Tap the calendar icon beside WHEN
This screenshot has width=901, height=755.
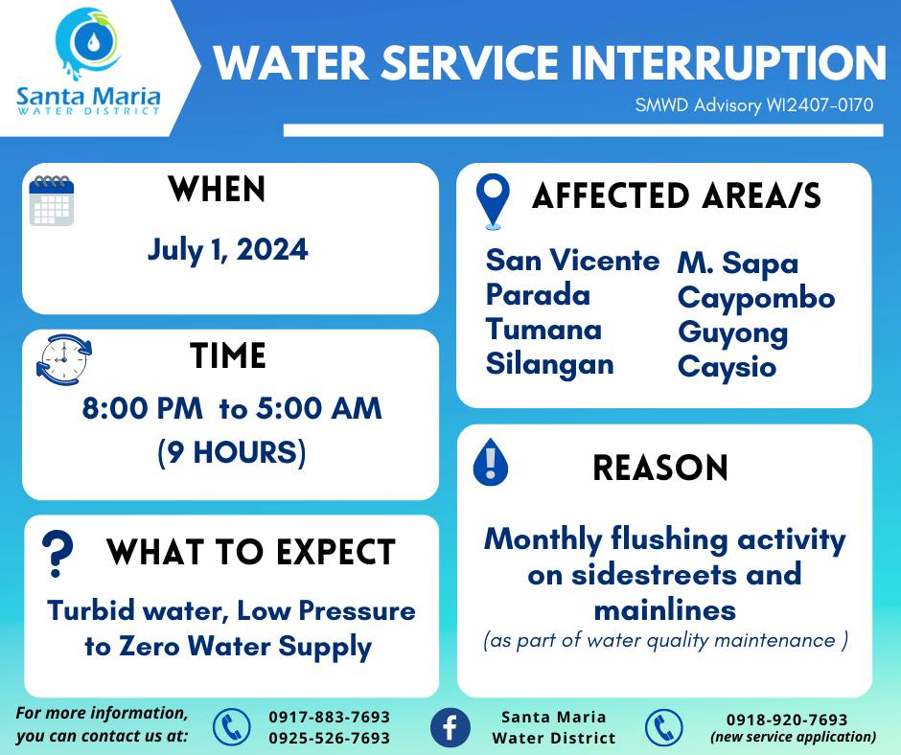tap(52, 200)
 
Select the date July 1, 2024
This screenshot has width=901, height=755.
tap(227, 250)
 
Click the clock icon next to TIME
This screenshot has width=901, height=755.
tap(64, 359)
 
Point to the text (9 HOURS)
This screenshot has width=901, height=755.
tap(232, 452)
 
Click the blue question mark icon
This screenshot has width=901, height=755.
tap(58, 554)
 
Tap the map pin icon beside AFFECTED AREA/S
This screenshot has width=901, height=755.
tap(493, 201)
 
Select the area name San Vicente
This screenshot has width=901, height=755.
tap(572, 261)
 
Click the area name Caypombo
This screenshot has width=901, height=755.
tap(756, 299)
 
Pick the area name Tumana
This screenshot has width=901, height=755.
tap(543, 330)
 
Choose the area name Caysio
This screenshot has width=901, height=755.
tap(727, 368)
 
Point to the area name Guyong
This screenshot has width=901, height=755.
tap(732, 333)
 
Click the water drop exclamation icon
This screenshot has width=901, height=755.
tap(490, 462)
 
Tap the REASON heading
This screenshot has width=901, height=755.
tap(660, 468)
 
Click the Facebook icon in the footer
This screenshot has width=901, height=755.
tap(450, 727)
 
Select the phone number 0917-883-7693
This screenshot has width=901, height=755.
tap(330, 717)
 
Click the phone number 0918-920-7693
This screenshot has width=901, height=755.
tap(787, 720)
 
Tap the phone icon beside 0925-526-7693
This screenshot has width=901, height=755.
tap(232, 727)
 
